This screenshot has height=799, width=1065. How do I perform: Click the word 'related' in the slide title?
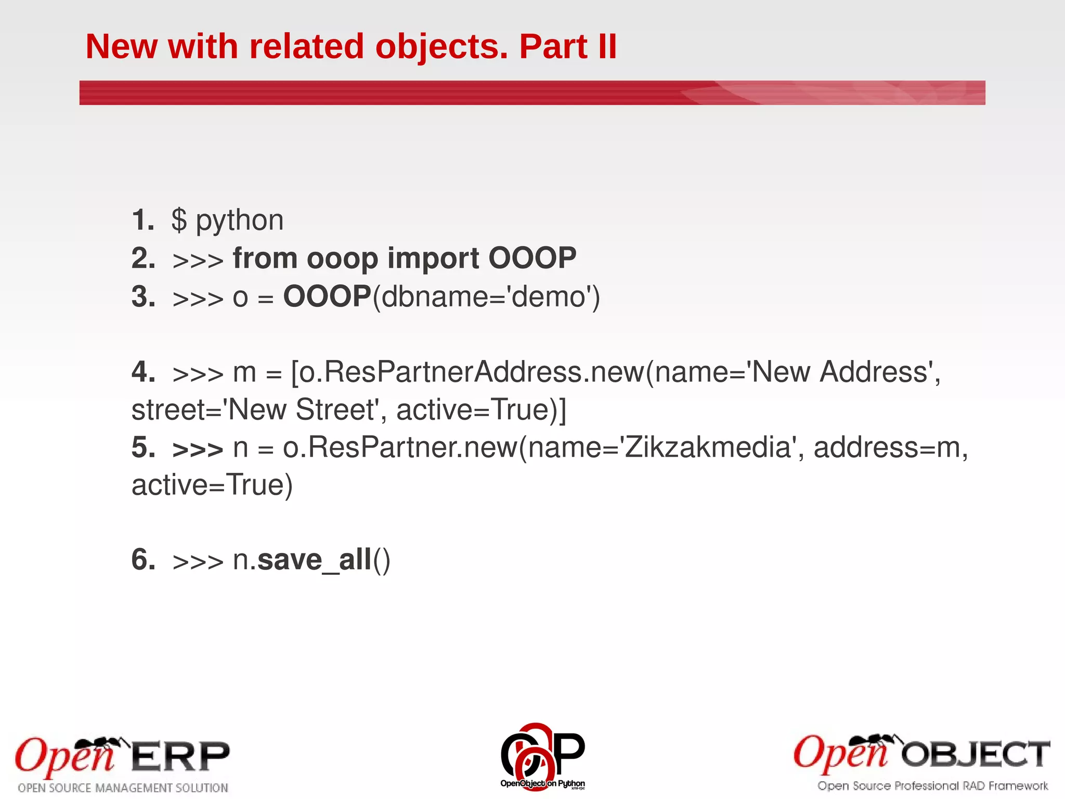(307, 47)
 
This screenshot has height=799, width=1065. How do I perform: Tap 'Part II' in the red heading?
(568, 47)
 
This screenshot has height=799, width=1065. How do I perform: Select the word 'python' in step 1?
(240, 221)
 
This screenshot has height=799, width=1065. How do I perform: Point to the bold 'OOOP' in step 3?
(327, 297)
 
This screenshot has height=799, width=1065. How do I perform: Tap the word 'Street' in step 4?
(335, 410)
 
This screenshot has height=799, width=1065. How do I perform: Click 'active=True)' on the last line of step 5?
(212, 485)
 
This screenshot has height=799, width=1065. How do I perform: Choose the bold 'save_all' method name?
(315, 560)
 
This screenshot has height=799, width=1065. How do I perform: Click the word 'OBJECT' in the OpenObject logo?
(975, 754)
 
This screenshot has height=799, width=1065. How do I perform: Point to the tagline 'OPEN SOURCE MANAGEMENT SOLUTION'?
(123, 788)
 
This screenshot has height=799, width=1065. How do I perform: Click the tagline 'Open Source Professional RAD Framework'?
(932, 786)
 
